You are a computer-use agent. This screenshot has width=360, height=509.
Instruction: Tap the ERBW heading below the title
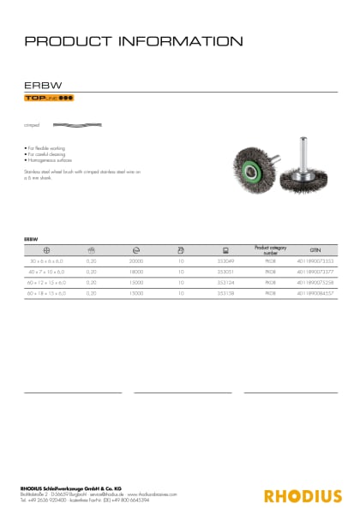(x=38, y=86)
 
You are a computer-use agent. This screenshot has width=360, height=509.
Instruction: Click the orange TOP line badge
(x=48, y=99)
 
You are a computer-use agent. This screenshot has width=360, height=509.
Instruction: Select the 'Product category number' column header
(x=270, y=250)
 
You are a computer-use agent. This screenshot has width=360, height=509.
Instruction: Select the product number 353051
(x=225, y=272)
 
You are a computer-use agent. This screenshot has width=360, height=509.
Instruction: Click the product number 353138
(x=225, y=292)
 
